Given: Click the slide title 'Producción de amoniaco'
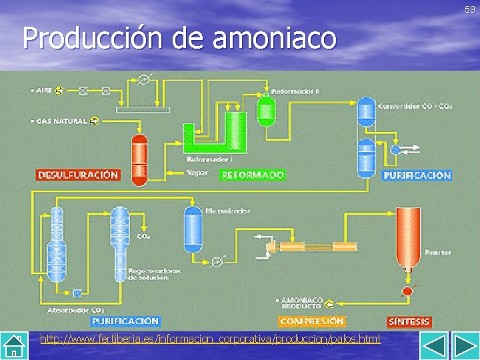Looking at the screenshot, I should tap(179, 38).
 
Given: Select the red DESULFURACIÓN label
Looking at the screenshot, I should tap(78, 175).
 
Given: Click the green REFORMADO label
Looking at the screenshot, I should tap(253, 175).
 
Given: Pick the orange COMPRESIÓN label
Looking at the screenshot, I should tap(312, 321).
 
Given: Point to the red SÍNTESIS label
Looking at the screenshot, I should tap(409, 321).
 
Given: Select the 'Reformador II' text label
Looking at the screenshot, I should tap(295, 91).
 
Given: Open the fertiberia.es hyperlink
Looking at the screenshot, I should tap(210, 339).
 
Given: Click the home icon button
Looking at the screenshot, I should tap(15, 346).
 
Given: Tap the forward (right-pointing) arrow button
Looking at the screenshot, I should tap(463, 346).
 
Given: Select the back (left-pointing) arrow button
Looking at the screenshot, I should tap(434, 346).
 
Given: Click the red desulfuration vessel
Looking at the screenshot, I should tap(139, 159).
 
